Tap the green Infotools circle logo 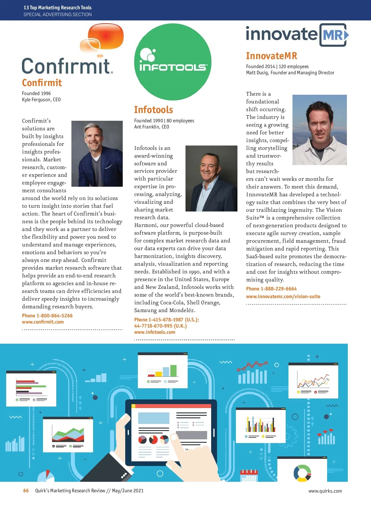(x=173, y=62)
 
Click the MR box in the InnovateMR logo (x=333, y=35)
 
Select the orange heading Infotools (x=153, y=110)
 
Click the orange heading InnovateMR (x=271, y=56)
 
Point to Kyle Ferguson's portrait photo (x=97, y=154)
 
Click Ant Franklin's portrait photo (x=211, y=178)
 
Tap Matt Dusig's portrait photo (x=319, y=130)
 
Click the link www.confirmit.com (x=43, y=322)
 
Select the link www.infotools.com (x=155, y=332)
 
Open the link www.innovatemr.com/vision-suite (x=283, y=297)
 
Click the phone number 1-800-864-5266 (x=54, y=316)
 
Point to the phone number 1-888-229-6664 (x=279, y=289)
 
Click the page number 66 (x=26, y=491)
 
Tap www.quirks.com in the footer (x=325, y=491)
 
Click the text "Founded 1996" (x=36, y=94)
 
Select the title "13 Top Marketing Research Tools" (x=58, y=8)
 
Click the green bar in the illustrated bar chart (x=173, y=371)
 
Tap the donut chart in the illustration (x=302, y=473)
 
